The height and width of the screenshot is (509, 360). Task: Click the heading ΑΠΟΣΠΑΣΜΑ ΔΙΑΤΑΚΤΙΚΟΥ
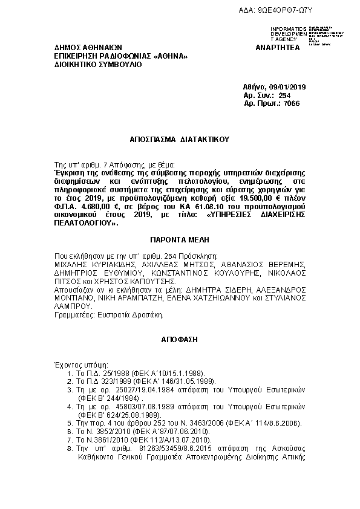(x=180, y=138)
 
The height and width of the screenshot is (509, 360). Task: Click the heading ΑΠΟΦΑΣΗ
(x=180, y=340)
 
